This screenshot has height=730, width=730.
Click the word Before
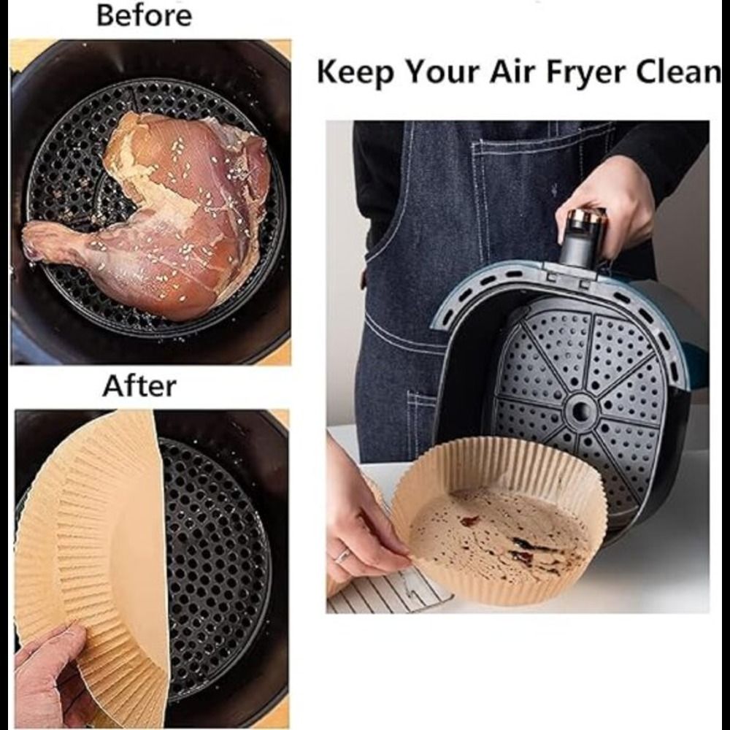tap(144, 15)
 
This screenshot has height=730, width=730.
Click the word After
tap(139, 386)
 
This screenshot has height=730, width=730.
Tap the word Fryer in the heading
tap(585, 73)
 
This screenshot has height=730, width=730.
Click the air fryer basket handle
tap(582, 239)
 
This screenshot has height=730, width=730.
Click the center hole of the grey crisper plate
tap(580, 410)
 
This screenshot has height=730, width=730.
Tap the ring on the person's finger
tap(342, 556)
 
